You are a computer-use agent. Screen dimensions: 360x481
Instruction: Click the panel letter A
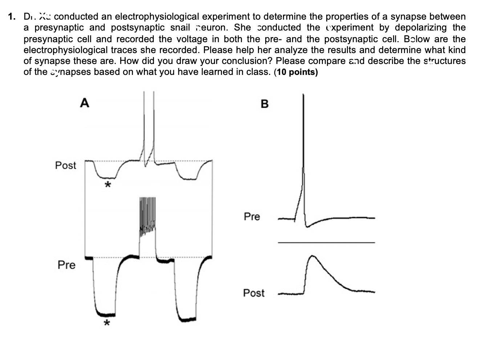tap(84, 103)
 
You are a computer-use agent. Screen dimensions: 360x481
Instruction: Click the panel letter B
tap(264, 104)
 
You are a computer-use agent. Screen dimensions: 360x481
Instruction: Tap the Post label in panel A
tap(65, 165)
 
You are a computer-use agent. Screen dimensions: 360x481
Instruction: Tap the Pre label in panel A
tap(66, 265)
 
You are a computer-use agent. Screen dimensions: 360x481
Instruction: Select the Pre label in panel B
tap(252, 217)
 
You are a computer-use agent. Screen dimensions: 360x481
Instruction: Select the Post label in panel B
tap(254, 293)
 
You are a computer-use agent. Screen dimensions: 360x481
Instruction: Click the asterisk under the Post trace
tap(107, 185)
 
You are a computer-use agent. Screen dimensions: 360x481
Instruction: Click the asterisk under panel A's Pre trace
tap(106, 323)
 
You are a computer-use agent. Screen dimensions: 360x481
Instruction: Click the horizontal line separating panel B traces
tap(326, 242)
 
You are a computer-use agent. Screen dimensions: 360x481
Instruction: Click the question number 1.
tap(12, 17)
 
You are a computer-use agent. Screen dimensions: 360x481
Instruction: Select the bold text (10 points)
tap(296, 72)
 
